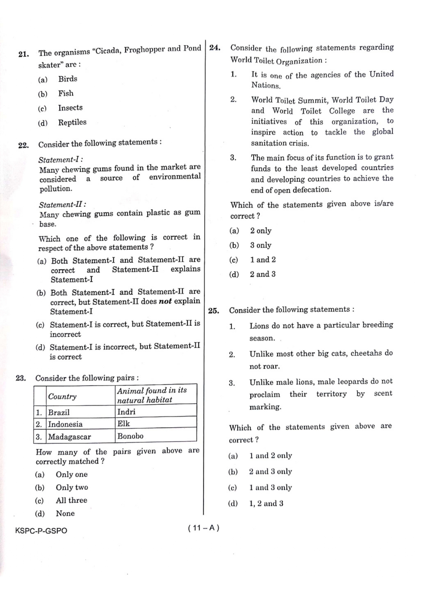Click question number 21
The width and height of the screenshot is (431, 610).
click(x=24, y=54)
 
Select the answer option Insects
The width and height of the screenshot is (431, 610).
click(x=70, y=108)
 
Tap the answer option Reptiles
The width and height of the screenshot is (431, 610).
click(x=72, y=122)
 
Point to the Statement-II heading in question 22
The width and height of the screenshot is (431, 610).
click(x=63, y=204)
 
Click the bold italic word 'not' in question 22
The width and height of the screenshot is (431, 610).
click(x=165, y=301)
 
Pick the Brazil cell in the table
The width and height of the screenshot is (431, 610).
click(x=59, y=413)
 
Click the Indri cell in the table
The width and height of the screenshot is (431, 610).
click(x=126, y=412)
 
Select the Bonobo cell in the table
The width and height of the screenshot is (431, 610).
click(x=130, y=436)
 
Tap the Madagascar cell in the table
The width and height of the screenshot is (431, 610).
click(x=69, y=437)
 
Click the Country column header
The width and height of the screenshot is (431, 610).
click(x=62, y=396)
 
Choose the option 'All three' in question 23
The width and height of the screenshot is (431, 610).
click(x=72, y=500)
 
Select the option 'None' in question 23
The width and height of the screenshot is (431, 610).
click(x=65, y=513)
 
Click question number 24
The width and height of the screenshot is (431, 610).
click(x=215, y=48)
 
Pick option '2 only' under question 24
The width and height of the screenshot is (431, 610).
click(x=261, y=231)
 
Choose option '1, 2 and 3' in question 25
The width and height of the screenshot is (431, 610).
click(x=266, y=503)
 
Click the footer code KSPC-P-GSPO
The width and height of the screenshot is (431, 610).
click(x=41, y=531)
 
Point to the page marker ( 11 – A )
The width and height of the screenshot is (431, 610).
click(x=204, y=528)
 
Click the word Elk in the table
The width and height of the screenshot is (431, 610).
click(x=124, y=424)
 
